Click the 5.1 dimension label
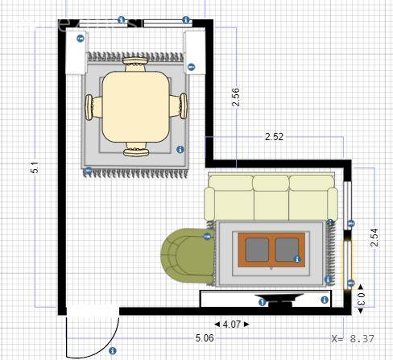pos(36,168)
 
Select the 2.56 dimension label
pos(236,97)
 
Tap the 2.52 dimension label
pos(274,137)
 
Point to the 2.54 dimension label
pos(374,238)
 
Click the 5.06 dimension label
pos(205,337)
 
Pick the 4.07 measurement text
pos(232,325)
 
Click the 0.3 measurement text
pos(361,299)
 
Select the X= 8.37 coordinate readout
pos(353,338)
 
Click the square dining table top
pos(136,106)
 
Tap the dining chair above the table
pos(135,64)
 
